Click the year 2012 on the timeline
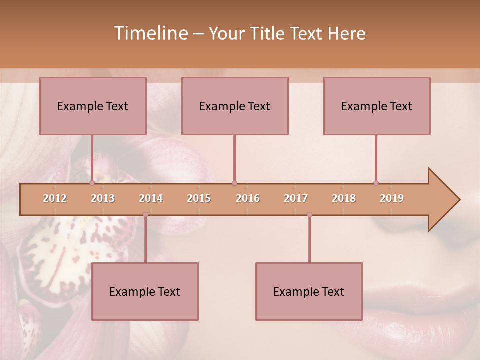pos(55,198)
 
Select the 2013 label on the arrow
pos(103,198)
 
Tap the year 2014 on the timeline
pos(151,198)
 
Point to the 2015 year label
pos(199,198)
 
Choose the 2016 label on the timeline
pos(248,198)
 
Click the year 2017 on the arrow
pos(296,198)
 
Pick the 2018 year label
pos(344,198)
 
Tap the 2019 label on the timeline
pos(392,198)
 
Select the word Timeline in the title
pos(149,33)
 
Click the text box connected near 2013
pos(93,106)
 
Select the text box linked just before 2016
pos(235,106)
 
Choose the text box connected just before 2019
pos(377,106)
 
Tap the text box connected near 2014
pos(145,291)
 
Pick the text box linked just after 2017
pos(309,291)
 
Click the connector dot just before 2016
pos(234,183)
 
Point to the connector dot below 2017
pos(309,215)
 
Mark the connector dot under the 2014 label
pos(145,215)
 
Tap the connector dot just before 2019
pos(376,183)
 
